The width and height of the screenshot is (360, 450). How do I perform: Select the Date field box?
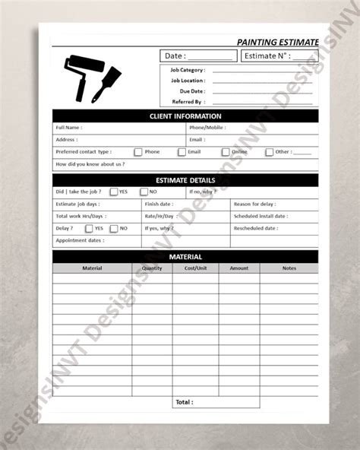[x=197, y=56]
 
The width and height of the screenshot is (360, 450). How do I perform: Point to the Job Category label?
[x=188, y=70]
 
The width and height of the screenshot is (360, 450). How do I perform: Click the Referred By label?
[x=189, y=100]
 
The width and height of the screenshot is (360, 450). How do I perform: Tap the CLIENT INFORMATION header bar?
[x=185, y=116]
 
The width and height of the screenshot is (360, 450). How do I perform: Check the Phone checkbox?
[x=137, y=152]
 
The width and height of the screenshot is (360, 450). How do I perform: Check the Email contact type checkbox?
[x=182, y=152]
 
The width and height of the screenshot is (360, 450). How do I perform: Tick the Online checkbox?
[x=225, y=152]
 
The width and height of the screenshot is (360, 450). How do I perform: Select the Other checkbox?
[x=269, y=152]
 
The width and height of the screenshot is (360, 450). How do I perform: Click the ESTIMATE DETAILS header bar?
[x=185, y=180]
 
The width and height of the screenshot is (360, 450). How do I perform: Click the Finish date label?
[x=159, y=204]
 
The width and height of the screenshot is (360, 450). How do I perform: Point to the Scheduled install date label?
[x=261, y=216]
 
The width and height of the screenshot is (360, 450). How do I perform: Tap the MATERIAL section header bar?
[x=185, y=257]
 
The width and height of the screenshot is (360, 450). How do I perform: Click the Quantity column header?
[x=152, y=268]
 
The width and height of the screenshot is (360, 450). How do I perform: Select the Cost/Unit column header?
[x=196, y=268]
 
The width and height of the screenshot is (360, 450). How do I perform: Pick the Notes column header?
[x=289, y=268]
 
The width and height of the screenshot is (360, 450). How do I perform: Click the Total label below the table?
[x=185, y=401]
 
